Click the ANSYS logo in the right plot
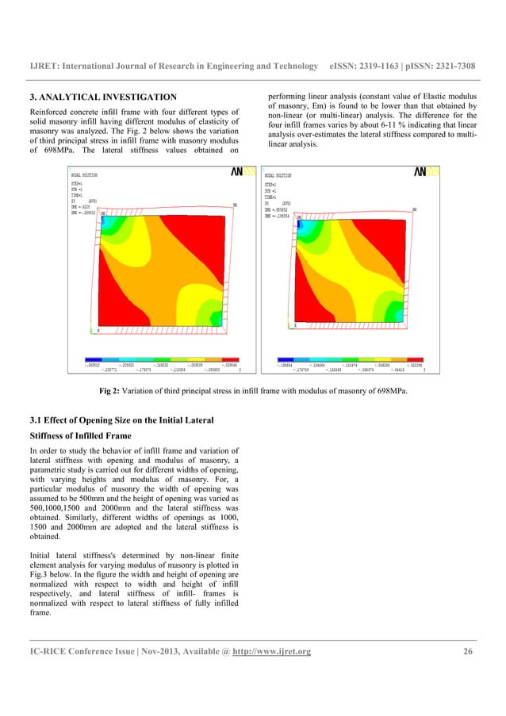click(x=427, y=171)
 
